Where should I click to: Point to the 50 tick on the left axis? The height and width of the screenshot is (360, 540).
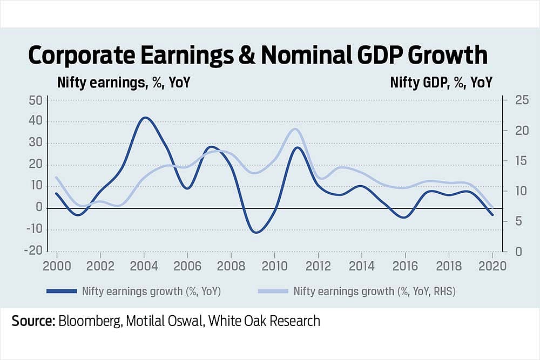[x=35, y=100]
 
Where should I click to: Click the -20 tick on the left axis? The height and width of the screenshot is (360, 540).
[x=33, y=251]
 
